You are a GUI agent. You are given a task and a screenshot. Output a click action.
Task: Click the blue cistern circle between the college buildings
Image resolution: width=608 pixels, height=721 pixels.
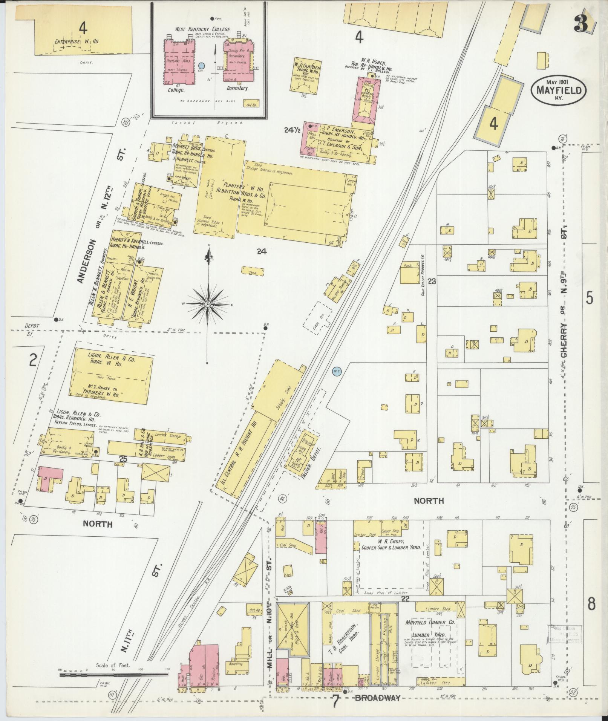(x=202, y=66)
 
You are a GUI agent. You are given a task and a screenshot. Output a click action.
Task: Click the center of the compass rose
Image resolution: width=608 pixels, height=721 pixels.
(x=208, y=304)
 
